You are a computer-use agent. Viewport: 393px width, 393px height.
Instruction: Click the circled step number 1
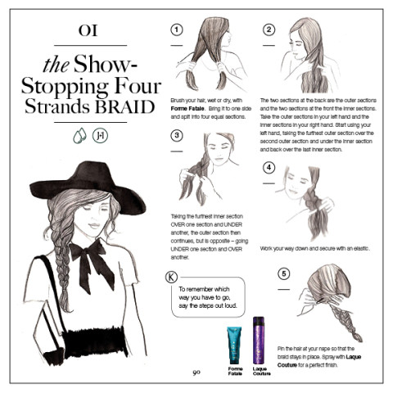[176, 29]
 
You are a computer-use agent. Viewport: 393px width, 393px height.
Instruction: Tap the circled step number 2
[269, 29]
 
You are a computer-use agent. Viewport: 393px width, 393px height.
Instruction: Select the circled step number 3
[176, 136]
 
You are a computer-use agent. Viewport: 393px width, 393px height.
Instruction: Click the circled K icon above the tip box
[170, 277]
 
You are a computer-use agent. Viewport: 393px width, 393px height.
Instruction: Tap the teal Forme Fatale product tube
[235, 345]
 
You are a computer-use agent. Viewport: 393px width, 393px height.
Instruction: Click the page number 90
[196, 373]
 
